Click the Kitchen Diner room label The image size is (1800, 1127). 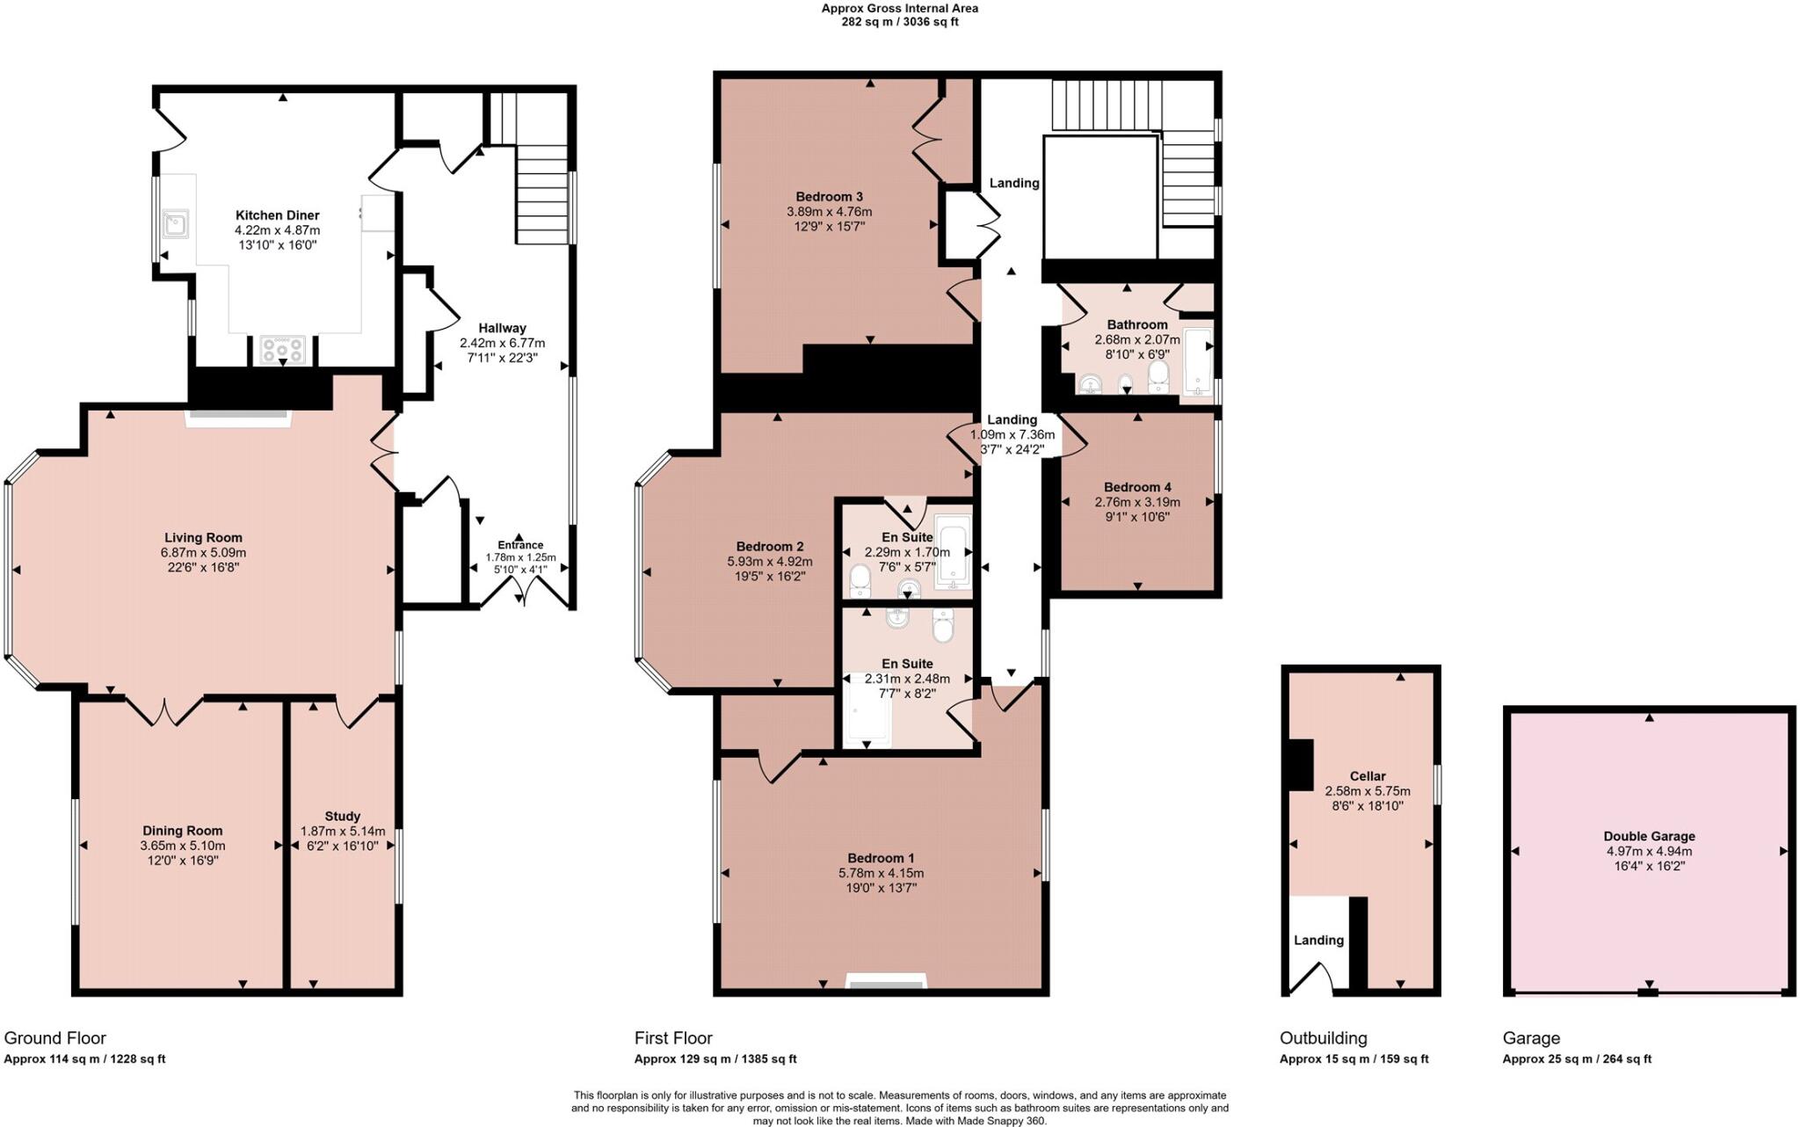[x=277, y=215]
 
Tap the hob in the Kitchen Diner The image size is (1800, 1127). [x=283, y=350]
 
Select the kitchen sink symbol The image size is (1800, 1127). [x=175, y=223]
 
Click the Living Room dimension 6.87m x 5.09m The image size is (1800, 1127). [x=203, y=553]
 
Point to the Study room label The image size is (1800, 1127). [x=342, y=816]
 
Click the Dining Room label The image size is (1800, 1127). [x=183, y=831]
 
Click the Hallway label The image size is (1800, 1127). [x=502, y=328]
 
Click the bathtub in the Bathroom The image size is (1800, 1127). [x=1196, y=361]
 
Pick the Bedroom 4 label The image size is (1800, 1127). [x=1137, y=487]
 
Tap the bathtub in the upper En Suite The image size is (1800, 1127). [x=953, y=551]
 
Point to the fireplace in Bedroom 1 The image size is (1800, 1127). [x=885, y=981]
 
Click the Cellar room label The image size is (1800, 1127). [x=1368, y=776]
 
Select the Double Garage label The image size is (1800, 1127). [x=1649, y=836]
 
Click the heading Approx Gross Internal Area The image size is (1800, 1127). [x=899, y=9]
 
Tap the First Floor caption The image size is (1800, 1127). [x=673, y=1038]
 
